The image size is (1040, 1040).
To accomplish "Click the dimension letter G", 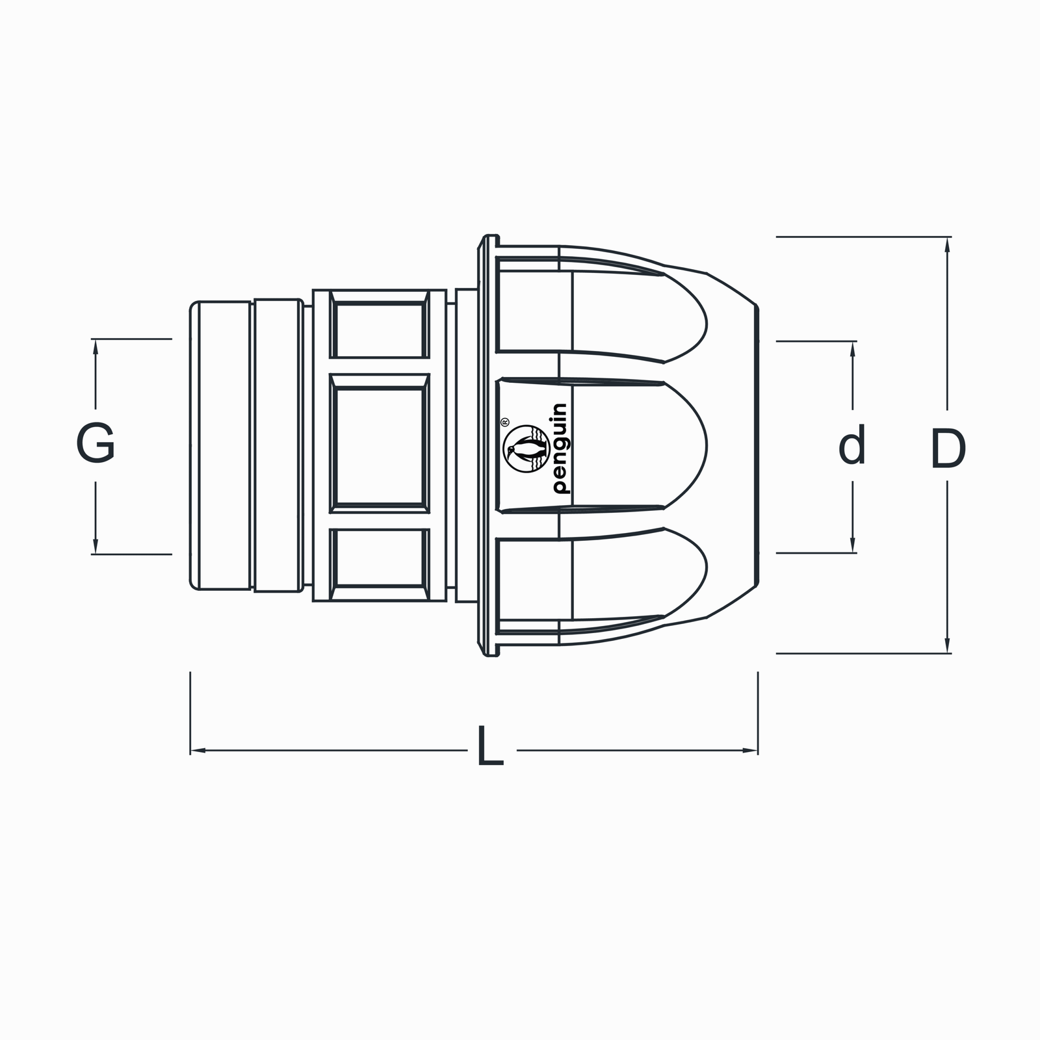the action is tap(96, 443).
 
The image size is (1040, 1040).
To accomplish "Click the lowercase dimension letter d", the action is tap(852, 445).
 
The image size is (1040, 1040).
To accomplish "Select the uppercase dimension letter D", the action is tap(948, 448).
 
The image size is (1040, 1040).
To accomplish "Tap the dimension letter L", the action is tap(490, 745).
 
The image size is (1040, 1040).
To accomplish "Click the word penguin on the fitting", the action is tap(558, 448).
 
